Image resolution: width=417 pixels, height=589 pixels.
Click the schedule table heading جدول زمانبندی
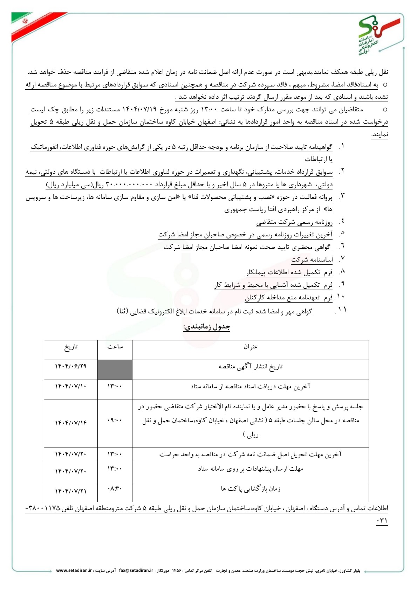(x=207, y=327)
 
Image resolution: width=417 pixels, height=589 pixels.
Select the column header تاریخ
(x=71, y=347)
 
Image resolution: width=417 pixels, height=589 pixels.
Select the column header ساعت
(x=115, y=347)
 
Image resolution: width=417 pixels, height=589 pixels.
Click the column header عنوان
(x=251, y=347)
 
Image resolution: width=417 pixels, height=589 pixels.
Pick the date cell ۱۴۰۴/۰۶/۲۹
(x=71, y=366)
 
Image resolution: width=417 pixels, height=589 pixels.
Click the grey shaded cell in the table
(x=115, y=370)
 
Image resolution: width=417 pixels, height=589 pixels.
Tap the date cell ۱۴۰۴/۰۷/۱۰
(x=71, y=386)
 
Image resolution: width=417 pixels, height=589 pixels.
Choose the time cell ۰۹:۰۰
(x=115, y=420)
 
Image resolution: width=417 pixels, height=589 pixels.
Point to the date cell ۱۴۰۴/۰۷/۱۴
(x=71, y=423)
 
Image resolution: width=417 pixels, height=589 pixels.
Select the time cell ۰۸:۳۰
(x=115, y=488)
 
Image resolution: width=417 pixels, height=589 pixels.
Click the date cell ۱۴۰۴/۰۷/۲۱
(x=71, y=491)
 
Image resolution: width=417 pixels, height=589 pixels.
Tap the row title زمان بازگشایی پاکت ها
(x=251, y=489)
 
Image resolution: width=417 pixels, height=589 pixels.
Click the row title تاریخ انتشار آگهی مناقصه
(x=251, y=367)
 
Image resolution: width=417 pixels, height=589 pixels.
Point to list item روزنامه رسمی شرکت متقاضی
(x=294, y=222)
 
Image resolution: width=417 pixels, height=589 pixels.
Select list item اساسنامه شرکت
(x=312, y=259)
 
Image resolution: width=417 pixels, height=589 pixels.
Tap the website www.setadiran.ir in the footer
(x=74, y=570)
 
